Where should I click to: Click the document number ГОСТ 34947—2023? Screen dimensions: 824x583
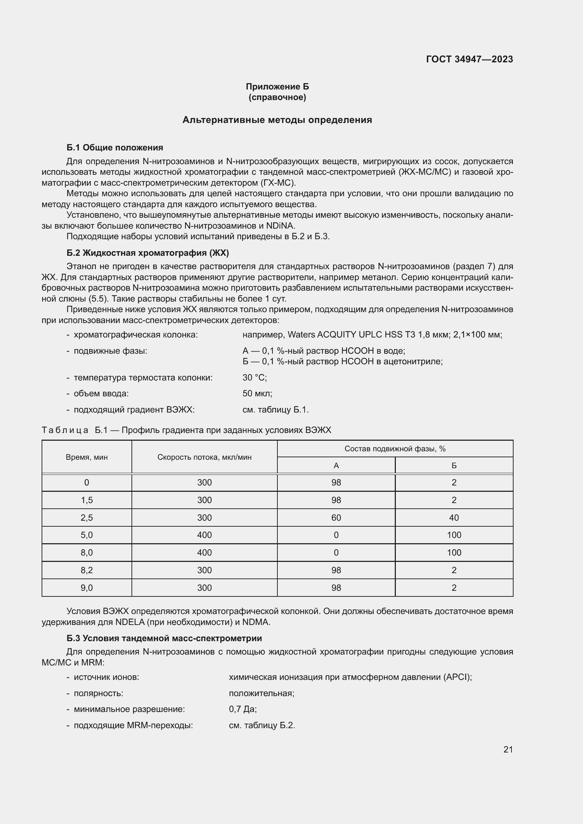[469, 59]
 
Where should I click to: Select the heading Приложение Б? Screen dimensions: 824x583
[277, 87]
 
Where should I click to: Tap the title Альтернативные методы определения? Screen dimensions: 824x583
[277, 120]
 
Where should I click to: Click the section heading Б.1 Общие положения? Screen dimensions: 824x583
[115, 148]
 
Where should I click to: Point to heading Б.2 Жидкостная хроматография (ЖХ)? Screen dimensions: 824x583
[148, 253]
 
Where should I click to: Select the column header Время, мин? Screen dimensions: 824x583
[86, 457]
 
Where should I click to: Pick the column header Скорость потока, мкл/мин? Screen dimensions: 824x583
[204, 457]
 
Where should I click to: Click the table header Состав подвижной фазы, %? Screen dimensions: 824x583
[395, 448]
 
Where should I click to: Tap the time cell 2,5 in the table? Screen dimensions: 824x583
[86, 518]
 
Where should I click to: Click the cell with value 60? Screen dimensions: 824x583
[336, 518]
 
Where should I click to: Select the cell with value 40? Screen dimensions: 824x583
[454, 518]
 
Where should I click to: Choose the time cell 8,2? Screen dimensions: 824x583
[86, 570]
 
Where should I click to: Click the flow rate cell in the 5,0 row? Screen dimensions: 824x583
[204, 535]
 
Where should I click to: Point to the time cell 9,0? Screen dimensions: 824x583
[86, 588]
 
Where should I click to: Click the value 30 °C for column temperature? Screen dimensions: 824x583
[254, 378]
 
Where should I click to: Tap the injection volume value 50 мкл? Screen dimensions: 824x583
[257, 394]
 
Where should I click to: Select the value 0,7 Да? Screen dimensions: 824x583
[243, 709]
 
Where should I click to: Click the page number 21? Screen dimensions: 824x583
[508, 749]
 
